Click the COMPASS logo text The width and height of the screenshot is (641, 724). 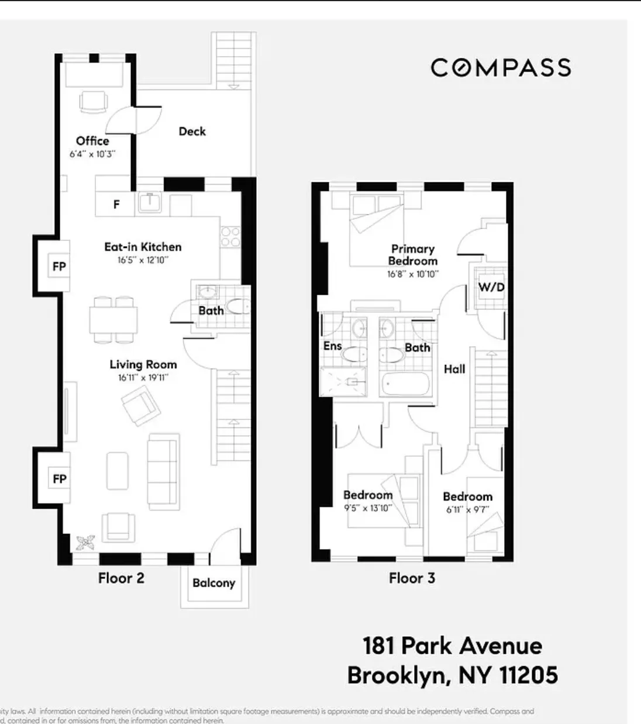pyautogui.click(x=501, y=68)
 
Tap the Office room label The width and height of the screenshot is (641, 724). pyautogui.click(x=92, y=141)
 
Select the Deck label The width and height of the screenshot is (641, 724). pyautogui.click(x=192, y=132)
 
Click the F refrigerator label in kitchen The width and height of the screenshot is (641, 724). pyautogui.click(x=116, y=205)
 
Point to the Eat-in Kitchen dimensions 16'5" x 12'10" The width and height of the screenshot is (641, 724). pyautogui.click(x=143, y=260)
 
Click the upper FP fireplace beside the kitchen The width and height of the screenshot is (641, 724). pyautogui.click(x=59, y=267)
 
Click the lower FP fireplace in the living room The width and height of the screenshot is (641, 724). pyautogui.click(x=59, y=480)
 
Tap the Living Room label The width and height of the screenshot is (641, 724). pyautogui.click(x=143, y=364)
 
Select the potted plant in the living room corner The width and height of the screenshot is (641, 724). pyautogui.click(x=85, y=542)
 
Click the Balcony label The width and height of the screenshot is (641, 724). pyautogui.click(x=213, y=583)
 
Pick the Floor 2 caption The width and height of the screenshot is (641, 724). pyautogui.click(x=121, y=578)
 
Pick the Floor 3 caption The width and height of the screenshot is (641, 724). pyautogui.click(x=412, y=578)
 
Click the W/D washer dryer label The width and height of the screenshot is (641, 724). pyautogui.click(x=491, y=287)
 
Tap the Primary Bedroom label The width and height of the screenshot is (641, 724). pyautogui.click(x=412, y=255)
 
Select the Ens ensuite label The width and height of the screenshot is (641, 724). pyautogui.click(x=332, y=346)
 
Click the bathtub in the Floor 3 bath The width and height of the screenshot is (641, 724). pyautogui.click(x=405, y=385)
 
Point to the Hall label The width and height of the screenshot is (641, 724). pyautogui.click(x=454, y=369)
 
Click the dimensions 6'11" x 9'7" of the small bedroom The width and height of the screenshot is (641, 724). pyautogui.click(x=468, y=509)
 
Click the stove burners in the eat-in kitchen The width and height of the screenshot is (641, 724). pyautogui.click(x=230, y=237)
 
